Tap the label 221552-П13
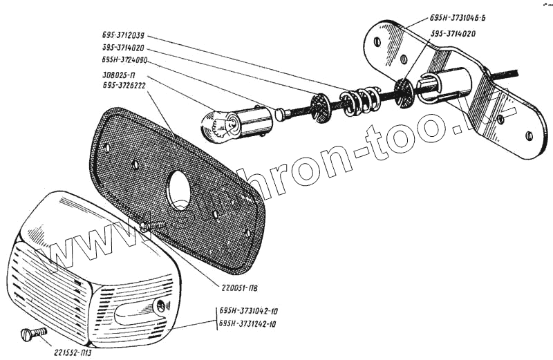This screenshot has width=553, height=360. tap(77, 349)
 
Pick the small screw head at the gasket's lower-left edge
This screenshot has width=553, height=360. tap(144, 225)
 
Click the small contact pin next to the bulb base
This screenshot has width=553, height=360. tap(280, 113)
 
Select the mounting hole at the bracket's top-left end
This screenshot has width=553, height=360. tap(376, 41)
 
